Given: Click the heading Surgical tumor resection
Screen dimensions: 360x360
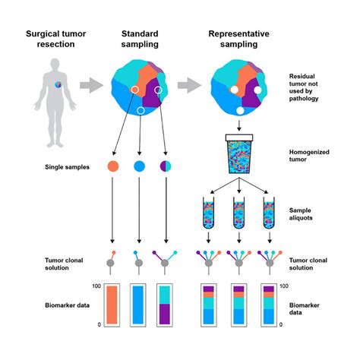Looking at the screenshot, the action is click(x=55, y=39).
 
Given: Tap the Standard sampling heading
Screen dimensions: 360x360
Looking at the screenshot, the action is click(x=140, y=39).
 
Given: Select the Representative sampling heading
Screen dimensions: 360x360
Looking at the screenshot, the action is click(x=238, y=39).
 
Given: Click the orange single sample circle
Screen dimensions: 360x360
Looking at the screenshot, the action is click(x=113, y=166).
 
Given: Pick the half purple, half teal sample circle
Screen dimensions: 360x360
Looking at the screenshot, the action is click(x=166, y=166).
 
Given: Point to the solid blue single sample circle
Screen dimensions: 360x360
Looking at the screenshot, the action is click(x=139, y=166).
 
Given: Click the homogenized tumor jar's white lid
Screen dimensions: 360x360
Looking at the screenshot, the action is click(x=239, y=137).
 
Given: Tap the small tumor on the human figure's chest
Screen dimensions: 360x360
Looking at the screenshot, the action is click(x=58, y=84).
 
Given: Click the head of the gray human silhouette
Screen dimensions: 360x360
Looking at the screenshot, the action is click(x=55, y=65).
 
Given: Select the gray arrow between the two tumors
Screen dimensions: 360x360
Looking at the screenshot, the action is click(x=189, y=85).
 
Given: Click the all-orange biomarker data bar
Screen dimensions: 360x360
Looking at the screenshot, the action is click(x=112, y=305).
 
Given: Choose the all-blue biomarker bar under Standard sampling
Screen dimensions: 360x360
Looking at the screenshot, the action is click(x=138, y=305).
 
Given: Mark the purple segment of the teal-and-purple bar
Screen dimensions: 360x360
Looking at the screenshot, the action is click(x=165, y=314).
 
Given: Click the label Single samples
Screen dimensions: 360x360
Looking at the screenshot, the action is click(x=67, y=167).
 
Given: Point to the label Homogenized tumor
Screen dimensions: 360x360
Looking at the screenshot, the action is click(x=309, y=156).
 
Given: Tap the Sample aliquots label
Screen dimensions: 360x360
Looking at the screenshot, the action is click(x=301, y=214).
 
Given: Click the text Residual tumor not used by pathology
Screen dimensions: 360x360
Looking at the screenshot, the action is click(x=304, y=87).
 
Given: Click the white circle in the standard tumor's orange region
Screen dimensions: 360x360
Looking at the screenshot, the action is click(x=135, y=90).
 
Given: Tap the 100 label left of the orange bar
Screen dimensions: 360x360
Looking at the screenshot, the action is click(x=96, y=286).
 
